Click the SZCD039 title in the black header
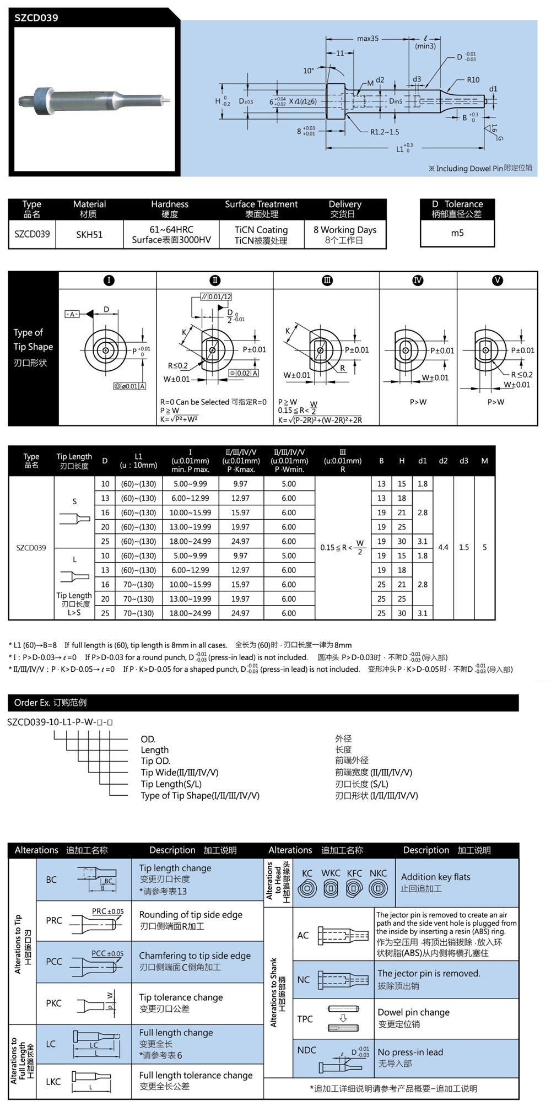(x=36, y=18)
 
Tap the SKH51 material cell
(x=89, y=235)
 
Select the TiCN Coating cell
(x=261, y=230)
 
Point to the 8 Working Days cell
(x=345, y=230)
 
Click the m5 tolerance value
(x=457, y=233)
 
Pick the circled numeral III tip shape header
(x=327, y=280)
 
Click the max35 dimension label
(x=368, y=39)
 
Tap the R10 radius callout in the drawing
(x=473, y=80)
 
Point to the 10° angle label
(x=309, y=71)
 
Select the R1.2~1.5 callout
(x=385, y=132)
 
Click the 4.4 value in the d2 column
(x=443, y=547)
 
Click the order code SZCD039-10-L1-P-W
(x=60, y=722)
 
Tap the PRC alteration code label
(x=54, y=920)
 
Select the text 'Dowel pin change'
(x=413, y=1012)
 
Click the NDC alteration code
(x=306, y=1050)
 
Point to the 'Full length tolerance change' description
(x=196, y=1075)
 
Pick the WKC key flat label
(x=331, y=873)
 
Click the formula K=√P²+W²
(x=179, y=419)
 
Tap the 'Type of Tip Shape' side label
(x=33, y=339)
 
